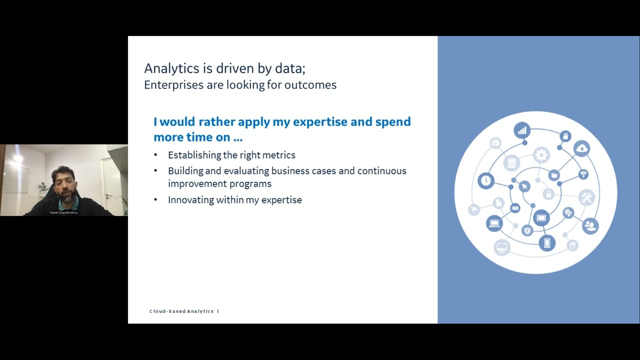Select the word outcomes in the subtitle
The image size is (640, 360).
click(x=310, y=85)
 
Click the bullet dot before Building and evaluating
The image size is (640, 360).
click(x=155, y=171)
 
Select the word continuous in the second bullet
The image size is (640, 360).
click(x=381, y=171)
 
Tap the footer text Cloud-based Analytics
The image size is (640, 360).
click(x=181, y=311)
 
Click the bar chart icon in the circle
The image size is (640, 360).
click(x=522, y=131)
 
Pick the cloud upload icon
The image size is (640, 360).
click(x=582, y=148)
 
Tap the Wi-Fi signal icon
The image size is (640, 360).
click(x=583, y=174)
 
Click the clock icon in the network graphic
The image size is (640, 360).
click(x=485, y=180)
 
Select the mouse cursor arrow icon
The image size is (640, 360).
click(x=524, y=186)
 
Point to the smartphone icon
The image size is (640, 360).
click(x=547, y=243)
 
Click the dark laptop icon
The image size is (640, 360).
click(x=494, y=223)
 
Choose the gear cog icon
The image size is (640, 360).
click(x=540, y=155)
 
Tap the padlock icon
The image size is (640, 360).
click(x=548, y=194)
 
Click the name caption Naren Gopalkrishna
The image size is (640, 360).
click(x=63, y=212)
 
